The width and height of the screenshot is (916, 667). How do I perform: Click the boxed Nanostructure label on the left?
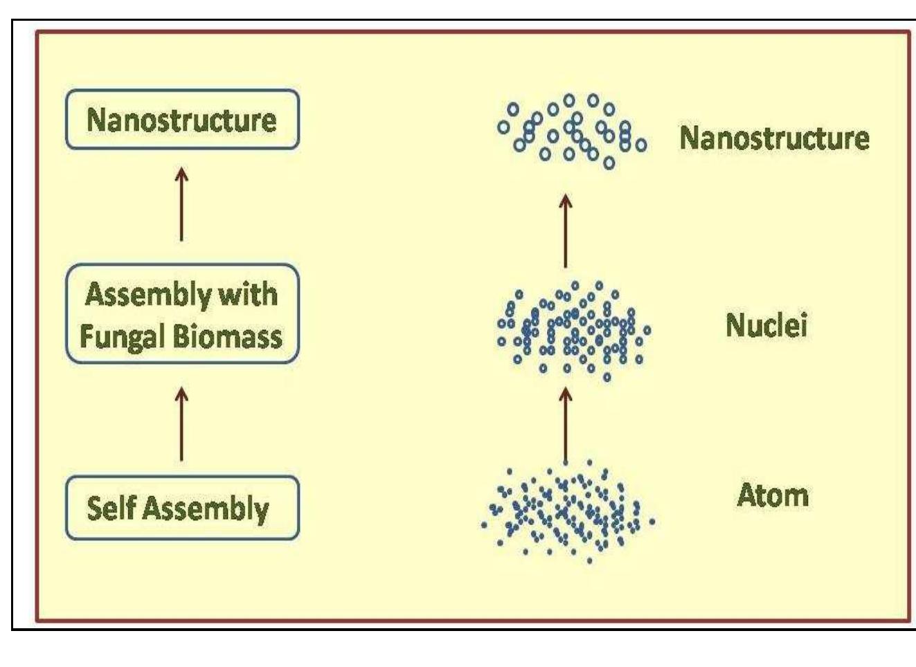click(181, 120)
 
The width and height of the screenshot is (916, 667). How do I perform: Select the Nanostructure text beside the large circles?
click(774, 138)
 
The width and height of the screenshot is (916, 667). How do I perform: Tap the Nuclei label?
click(766, 325)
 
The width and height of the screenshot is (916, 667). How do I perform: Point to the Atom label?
click(772, 495)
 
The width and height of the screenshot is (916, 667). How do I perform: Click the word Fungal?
click(121, 337)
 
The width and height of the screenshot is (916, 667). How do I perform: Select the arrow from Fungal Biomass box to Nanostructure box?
click(181, 204)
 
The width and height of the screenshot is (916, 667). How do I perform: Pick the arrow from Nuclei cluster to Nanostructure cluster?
click(566, 231)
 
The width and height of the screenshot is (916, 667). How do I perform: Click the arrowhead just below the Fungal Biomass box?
click(181, 393)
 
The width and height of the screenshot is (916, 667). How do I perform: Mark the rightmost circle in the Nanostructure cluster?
click(641, 145)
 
